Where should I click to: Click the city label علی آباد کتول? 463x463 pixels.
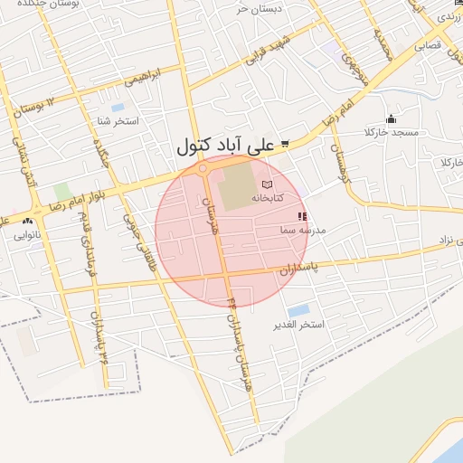tap(226, 145)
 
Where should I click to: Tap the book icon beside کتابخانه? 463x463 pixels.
tap(266, 184)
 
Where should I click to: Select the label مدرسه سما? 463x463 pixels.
tap(302, 231)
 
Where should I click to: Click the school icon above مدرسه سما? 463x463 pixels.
tap(302, 217)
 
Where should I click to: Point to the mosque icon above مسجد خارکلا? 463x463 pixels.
tap(391, 118)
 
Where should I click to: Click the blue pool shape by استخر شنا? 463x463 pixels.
tap(118, 108)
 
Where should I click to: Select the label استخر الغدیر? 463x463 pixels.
tap(298, 325)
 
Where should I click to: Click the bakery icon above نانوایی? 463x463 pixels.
tap(28, 221)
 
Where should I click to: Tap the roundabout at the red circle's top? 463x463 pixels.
tap(203, 168)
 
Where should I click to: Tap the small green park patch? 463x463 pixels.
tap(61, 192)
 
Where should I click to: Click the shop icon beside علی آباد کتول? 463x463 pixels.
tap(285, 144)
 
